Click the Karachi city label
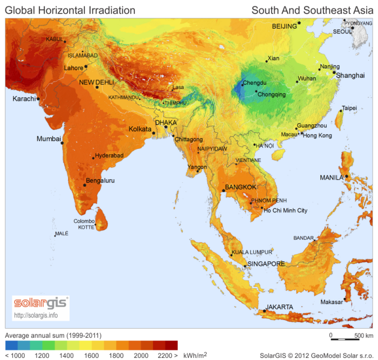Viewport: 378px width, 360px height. pyautogui.click(x=24, y=99)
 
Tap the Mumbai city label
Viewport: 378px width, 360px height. pyautogui.click(x=48, y=139)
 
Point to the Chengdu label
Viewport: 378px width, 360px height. pyautogui.click(x=255, y=83)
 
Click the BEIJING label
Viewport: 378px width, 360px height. pyautogui.click(x=285, y=26)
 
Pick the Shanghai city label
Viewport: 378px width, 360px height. pyautogui.click(x=350, y=76)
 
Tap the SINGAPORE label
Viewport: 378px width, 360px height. pyautogui.click(x=266, y=264)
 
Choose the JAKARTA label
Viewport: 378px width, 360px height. pyautogui.click(x=280, y=307)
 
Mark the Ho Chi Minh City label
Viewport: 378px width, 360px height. pyautogui.click(x=285, y=210)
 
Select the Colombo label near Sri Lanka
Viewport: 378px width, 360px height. pyautogui.click(x=84, y=221)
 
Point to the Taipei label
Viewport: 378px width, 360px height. pyautogui.click(x=349, y=108)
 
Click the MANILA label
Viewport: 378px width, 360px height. pyautogui.click(x=332, y=177)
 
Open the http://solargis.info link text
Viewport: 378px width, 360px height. pyautogui.click(x=36, y=315)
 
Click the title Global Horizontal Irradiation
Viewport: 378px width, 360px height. pyautogui.click(x=70, y=10)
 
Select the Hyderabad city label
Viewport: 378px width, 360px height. pyautogui.click(x=110, y=155)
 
